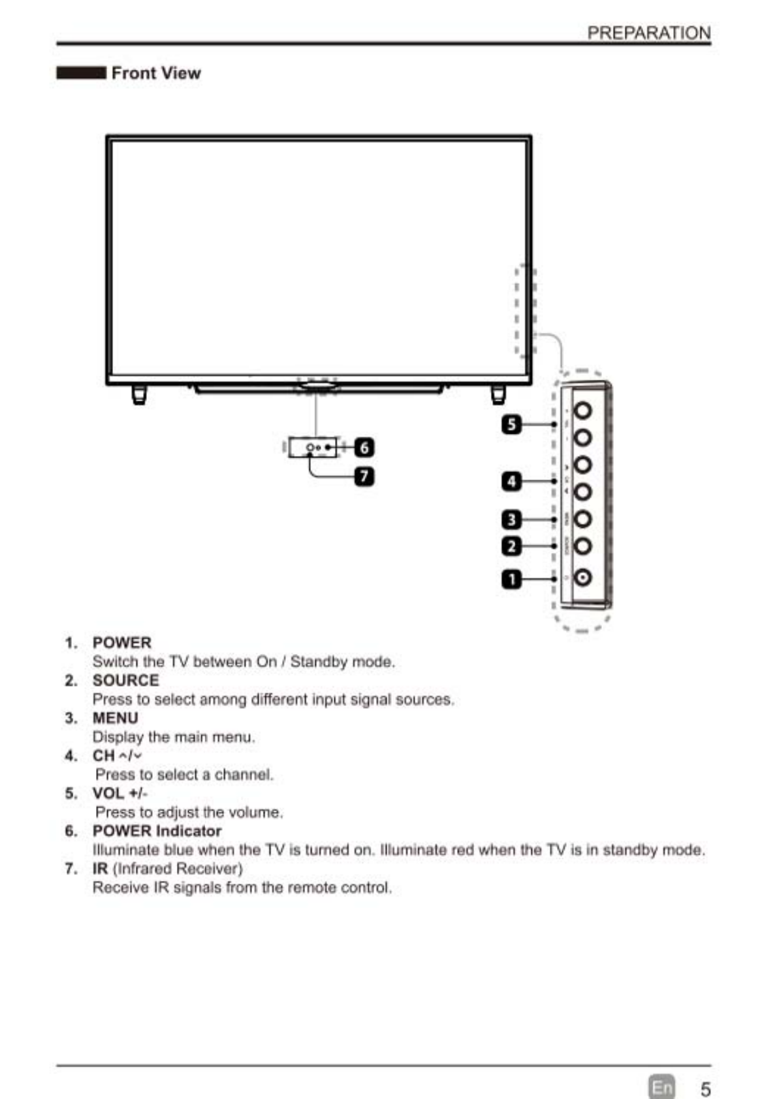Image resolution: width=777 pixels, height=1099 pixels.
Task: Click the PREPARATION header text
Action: click(x=648, y=33)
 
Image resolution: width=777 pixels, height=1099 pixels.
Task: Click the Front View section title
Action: click(x=155, y=73)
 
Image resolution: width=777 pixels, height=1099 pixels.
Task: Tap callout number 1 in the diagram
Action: click(x=512, y=579)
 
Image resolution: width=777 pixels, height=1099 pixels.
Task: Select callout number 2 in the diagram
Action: click(x=512, y=546)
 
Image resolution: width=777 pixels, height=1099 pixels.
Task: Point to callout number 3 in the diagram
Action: click(x=512, y=519)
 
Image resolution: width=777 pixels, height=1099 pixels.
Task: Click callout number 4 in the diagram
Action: click(x=512, y=482)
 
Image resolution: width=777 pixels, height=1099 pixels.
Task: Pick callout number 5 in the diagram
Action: click(x=512, y=424)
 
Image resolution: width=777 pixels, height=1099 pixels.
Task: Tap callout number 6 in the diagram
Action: click(x=364, y=448)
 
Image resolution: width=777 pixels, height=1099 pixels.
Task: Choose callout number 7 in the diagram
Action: click(x=364, y=476)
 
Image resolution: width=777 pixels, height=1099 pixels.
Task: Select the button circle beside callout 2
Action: click(x=582, y=546)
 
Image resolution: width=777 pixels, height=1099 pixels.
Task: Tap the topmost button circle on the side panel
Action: click(x=582, y=410)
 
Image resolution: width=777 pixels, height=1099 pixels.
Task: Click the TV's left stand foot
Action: click(x=139, y=395)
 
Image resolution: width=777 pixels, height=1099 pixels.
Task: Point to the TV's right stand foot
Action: click(x=498, y=395)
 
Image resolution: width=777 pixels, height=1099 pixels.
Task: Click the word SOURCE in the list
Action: click(x=125, y=680)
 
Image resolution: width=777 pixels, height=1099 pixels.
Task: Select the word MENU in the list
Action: click(x=115, y=718)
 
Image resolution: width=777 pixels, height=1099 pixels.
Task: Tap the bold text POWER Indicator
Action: click(x=157, y=831)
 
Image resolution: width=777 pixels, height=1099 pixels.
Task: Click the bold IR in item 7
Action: click(x=100, y=869)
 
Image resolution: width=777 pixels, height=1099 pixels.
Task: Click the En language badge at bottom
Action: click(x=661, y=1087)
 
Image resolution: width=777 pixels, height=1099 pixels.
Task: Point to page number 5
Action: click(x=705, y=1089)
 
